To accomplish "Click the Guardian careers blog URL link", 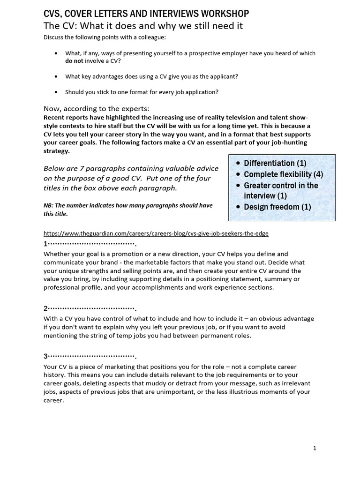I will pos(156,233).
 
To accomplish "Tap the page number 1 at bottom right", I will pos(315,448).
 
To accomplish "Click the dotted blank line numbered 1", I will pos(91,244).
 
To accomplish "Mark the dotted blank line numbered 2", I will pos(91,308).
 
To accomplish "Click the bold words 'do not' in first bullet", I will pos(75,60).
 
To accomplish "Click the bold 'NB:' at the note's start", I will pos(49,205).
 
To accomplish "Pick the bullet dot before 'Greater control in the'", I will pos(239,186).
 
